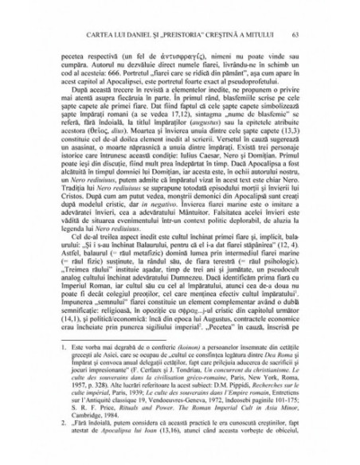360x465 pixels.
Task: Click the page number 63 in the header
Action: coord(295,34)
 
